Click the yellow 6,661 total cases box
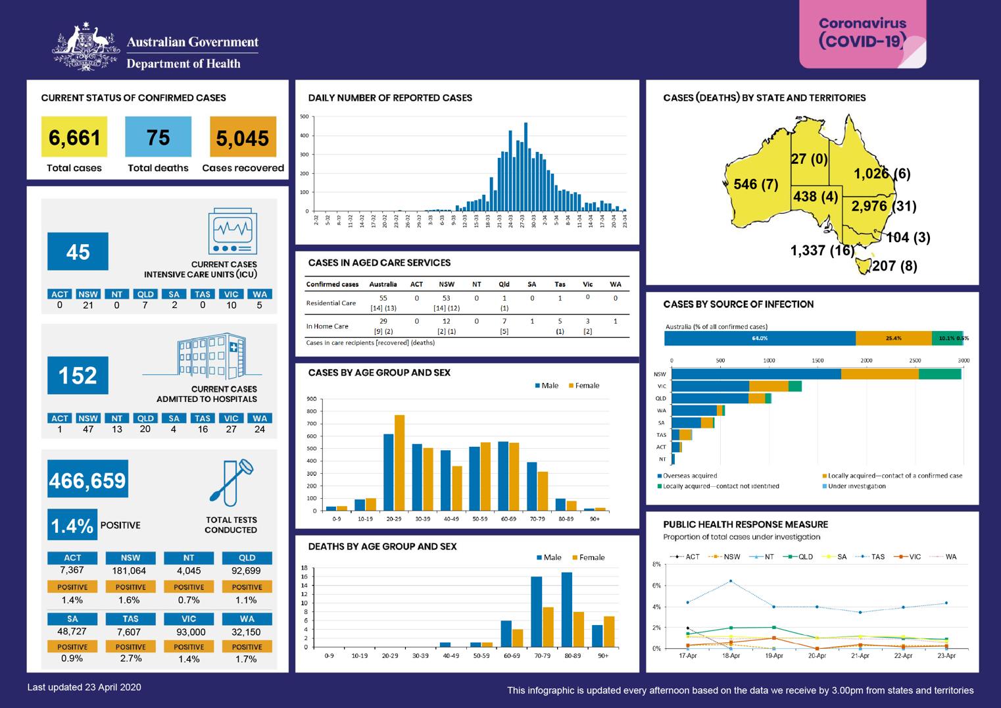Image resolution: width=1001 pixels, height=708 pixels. pyautogui.click(x=74, y=137)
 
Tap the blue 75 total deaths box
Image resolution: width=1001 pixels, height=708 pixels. pyautogui.click(x=158, y=137)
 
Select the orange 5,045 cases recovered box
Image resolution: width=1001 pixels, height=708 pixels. pyautogui.click(x=243, y=137)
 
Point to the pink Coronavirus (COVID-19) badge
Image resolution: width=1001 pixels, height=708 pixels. pyautogui.click(x=862, y=34)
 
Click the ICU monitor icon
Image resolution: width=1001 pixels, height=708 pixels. pyautogui.click(x=232, y=232)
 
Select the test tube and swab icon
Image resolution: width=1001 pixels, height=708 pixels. pyautogui.click(x=232, y=481)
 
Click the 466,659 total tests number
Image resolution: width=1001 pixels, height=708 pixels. pyautogui.click(x=87, y=480)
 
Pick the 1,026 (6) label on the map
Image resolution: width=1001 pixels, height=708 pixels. pyautogui.click(x=882, y=174)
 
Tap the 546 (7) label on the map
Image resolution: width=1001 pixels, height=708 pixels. pyautogui.click(x=756, y=184)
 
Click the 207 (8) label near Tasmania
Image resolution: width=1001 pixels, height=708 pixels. pyautogui.click(x=894, y=266)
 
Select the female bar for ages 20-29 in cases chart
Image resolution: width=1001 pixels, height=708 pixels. pyautogui.click(x=399, y=463)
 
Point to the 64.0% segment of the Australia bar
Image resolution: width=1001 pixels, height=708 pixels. pyautogui.click(x=760, y=338)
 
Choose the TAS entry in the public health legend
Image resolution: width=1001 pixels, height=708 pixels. pyautogui.click(x=873, y=557)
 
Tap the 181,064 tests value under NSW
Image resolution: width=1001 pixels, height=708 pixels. pyautogui.click(x=130, y=570)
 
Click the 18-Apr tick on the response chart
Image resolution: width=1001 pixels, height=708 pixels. pyautogui.click(x=731, y=656)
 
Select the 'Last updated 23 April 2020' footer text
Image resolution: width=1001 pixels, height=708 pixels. pyautogui.click(x=84, y=687)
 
